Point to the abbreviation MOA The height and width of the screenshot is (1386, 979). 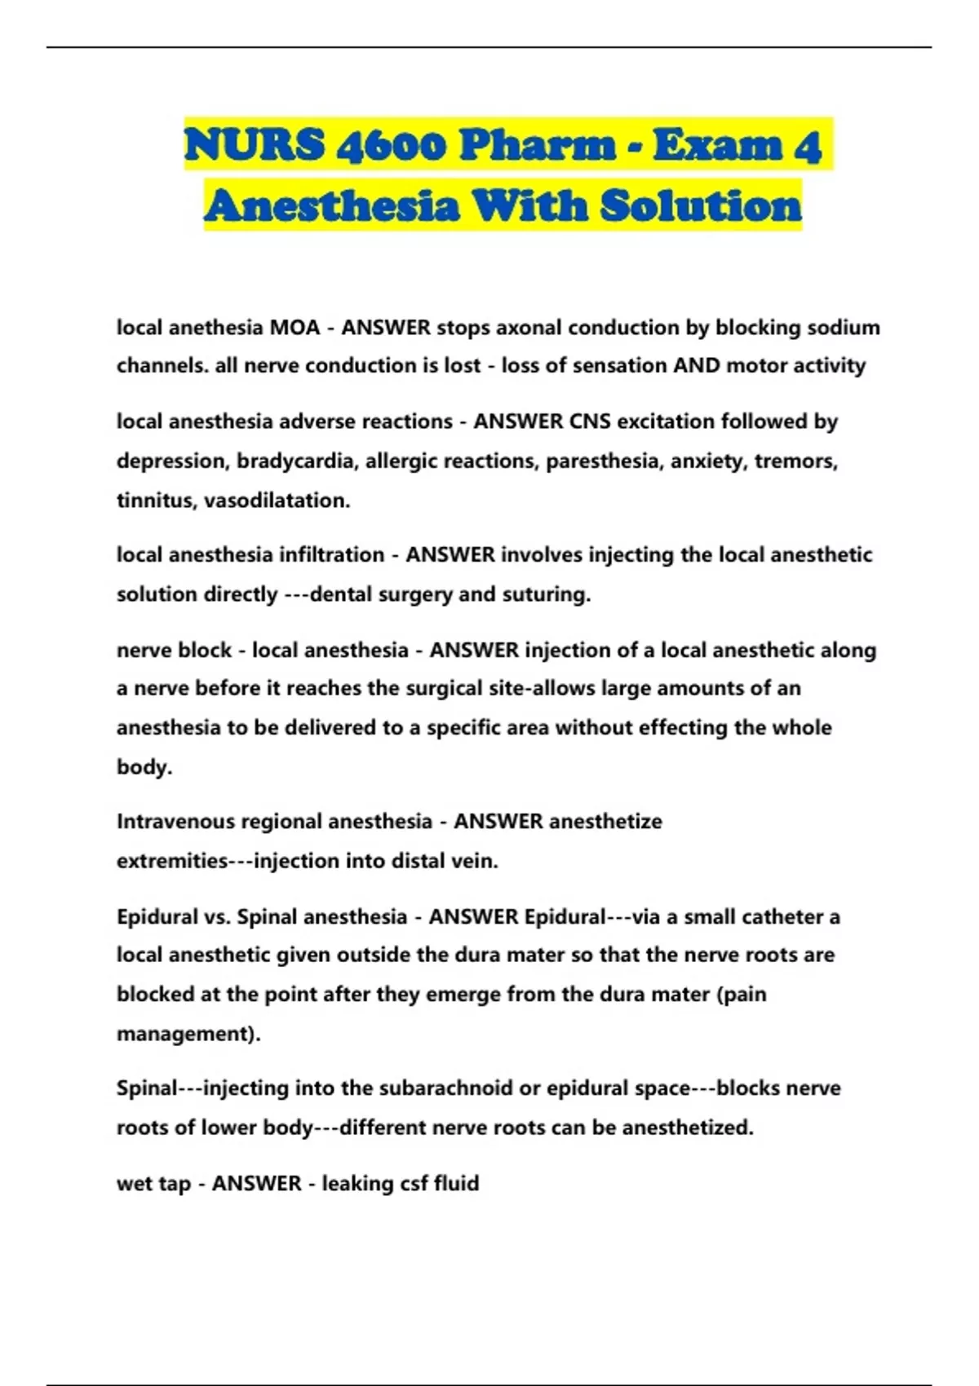pyautogui.click(x=295, y=328)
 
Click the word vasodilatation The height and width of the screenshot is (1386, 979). pyautogui.click(x=277, y=501)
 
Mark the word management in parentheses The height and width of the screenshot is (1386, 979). pyautogui.click(x=187, y=1034)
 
